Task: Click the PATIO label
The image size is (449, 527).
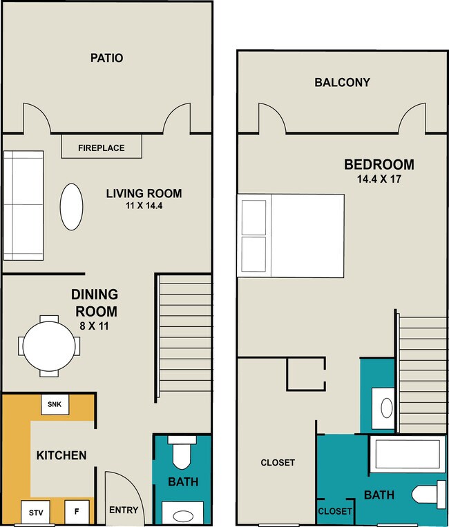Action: click(106, 58)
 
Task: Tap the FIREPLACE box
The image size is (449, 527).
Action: click(102, 146)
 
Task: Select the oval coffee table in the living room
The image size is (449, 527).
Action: click(71, 207)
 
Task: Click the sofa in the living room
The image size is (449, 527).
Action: click(23, 206)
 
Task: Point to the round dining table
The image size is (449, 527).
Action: click(49, 346)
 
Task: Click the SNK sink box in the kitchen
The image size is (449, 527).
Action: click(55, 404)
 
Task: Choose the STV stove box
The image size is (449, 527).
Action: click(36, 513)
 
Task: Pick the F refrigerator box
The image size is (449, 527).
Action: click(77, 512)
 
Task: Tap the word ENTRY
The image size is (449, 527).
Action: click(124, 510)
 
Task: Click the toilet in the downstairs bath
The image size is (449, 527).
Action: click(182, 451)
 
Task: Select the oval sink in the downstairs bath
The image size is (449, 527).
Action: click(183, 516)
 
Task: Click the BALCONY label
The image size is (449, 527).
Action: click(343, 82)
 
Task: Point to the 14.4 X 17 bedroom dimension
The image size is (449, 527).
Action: click(379, 179)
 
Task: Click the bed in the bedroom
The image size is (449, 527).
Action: click(291, 236)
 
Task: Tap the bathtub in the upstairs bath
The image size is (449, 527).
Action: click(408, 455)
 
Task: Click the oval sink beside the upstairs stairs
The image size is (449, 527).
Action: click(386, 408)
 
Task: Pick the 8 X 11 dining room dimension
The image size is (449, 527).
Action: click(94, 326)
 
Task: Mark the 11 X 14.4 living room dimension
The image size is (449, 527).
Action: click(144, 206)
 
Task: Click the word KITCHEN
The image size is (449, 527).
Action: click(61, 455)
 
